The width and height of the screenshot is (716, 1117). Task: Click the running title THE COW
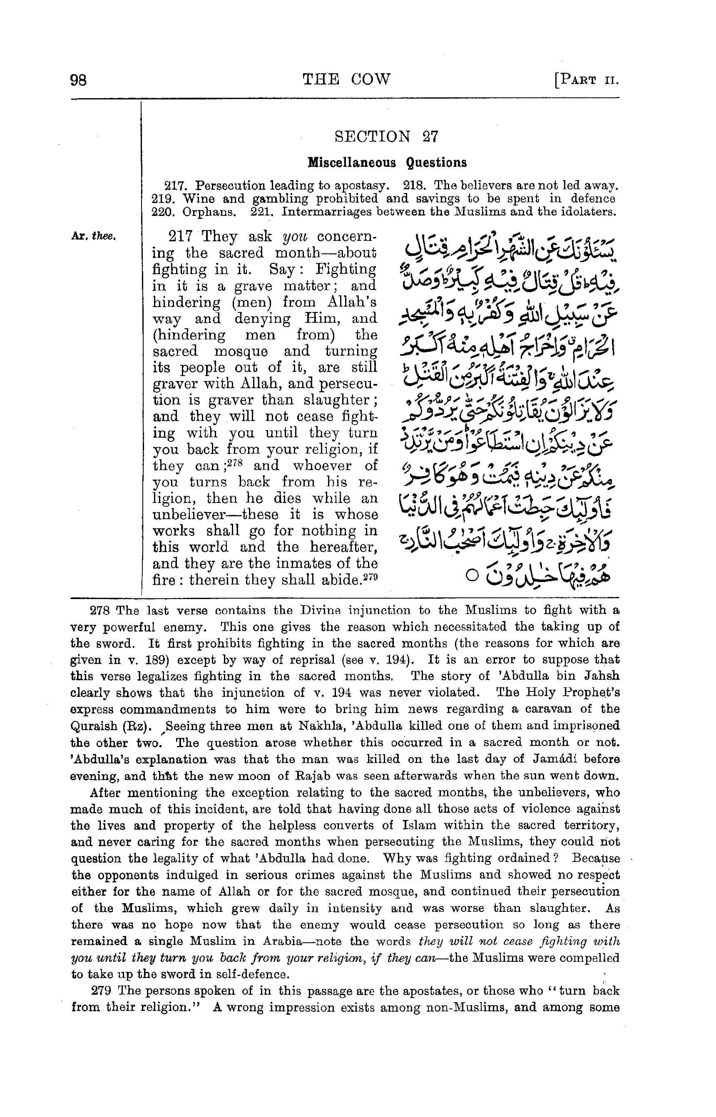click(346, 79)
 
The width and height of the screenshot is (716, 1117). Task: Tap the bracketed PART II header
click(586, 80)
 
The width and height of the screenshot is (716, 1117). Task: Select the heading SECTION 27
click(385, 136)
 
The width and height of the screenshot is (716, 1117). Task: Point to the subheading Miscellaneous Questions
click(387, 163)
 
